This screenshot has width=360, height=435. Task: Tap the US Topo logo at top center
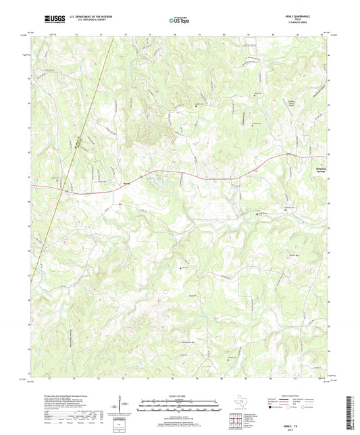pos(178,20)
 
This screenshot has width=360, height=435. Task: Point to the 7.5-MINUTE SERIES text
pos(315,25)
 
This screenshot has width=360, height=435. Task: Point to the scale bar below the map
pos(179,405)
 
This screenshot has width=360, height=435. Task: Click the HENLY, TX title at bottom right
pos(314,419)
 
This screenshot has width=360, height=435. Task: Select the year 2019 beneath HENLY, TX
pos(314,424)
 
